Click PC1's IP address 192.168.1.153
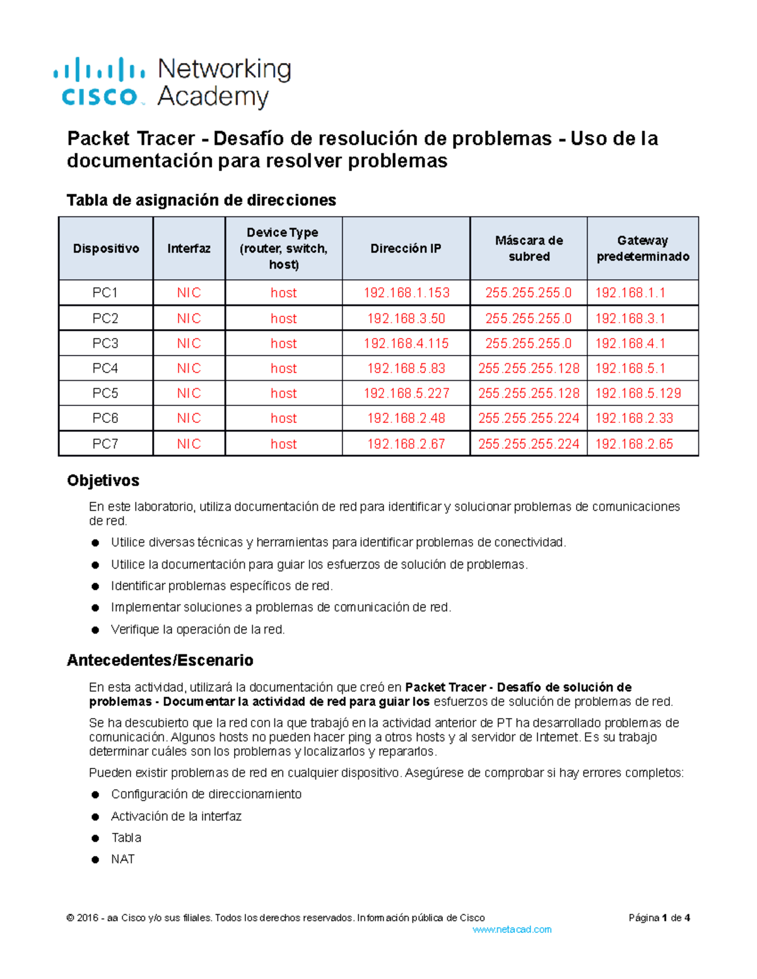[406, 293]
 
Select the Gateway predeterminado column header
[642, 248]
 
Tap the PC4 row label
[105, 368]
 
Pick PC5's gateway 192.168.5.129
[638, 393]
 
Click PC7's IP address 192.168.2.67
[406, 444]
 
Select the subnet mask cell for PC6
[529, 419]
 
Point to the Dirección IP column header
[406, 248]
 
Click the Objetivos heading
[103, 480]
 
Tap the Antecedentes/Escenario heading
[160, 660]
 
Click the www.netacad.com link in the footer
[512, 929]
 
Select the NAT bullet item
[122, 859]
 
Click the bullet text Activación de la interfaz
[176, 816]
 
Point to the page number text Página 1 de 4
[659, 918]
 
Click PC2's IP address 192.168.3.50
[406, 318]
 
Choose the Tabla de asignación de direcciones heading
[201, 200]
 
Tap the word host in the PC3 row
[283, 344]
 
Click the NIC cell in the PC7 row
[189, 444]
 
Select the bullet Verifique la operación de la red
[197, 629]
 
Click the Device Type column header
[283, 248]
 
